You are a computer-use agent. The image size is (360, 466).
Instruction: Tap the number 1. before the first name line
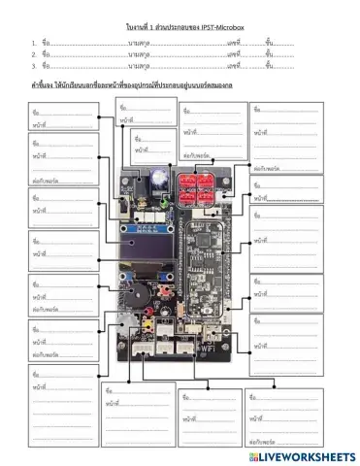coord(34,44)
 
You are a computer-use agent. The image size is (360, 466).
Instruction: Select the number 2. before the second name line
coord(34,54)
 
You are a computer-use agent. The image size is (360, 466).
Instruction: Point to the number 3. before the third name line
coord(34,66)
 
